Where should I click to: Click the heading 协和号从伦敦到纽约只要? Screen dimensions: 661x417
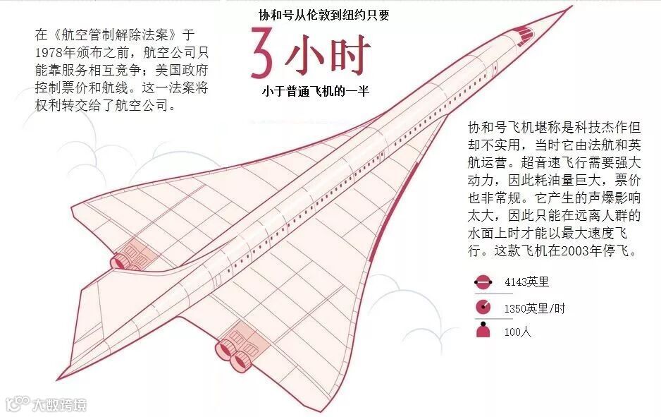pos(323,15)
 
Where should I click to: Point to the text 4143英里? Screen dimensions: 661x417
pos(526,283)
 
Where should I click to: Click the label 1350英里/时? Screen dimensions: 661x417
pos(534,308)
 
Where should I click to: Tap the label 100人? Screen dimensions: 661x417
pos(517,331)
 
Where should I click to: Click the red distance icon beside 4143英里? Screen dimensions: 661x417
pos(483,283)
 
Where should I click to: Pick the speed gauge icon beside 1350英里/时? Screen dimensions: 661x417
pos(483,307)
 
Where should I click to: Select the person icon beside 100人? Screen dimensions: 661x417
pos(483,330)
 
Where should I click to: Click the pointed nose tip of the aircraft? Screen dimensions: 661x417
pos(570,7)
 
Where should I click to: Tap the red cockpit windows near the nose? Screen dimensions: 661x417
pos(522,31)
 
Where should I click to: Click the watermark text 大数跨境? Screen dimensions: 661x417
pos(59,404)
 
